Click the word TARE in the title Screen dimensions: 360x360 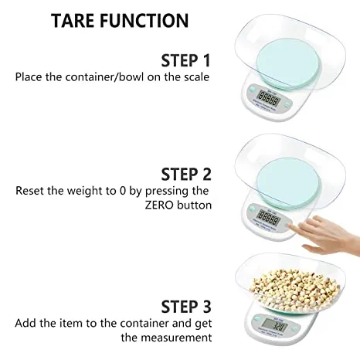(79, 20)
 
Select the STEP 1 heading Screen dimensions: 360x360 (185, 60)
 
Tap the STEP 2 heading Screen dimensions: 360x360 (185, 173)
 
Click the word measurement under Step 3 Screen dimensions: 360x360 (175, 337)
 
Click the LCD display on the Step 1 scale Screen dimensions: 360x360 (269, 99)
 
